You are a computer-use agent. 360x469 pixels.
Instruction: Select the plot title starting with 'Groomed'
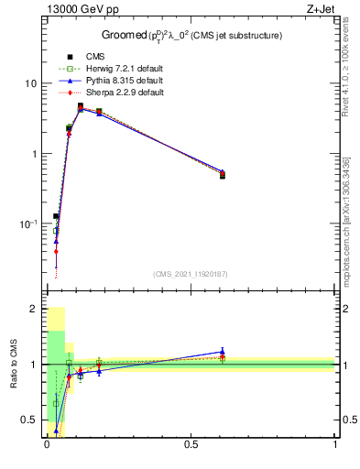pos(190,36)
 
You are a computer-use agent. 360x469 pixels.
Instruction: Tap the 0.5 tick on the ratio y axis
pos(29,420)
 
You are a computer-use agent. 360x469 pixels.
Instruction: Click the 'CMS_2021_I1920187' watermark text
pos(190,273)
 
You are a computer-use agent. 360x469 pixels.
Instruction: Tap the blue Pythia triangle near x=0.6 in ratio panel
pos(223,351)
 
